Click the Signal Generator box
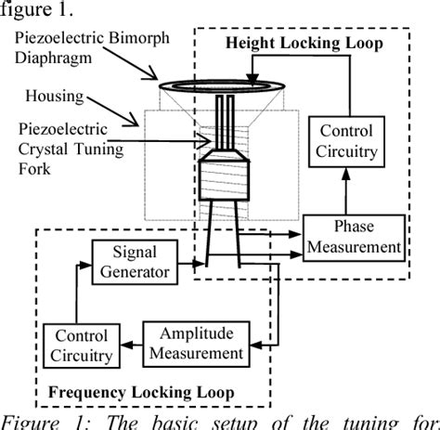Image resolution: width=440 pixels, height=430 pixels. coord(135,261)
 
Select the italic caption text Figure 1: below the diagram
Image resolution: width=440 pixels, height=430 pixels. coord(38,421)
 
